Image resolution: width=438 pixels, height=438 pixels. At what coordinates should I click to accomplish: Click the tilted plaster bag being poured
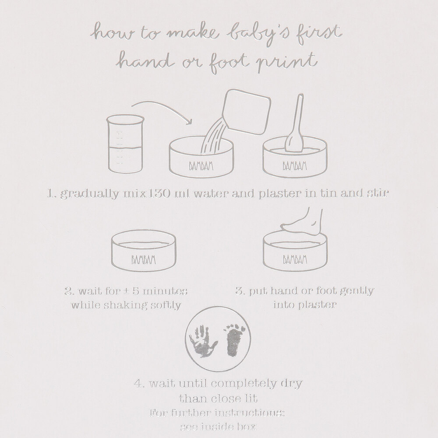(246, 112)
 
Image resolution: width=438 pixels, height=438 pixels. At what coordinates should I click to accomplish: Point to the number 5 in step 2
(135, 291)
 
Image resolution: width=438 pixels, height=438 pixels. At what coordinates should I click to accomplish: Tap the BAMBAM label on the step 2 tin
(143, 260)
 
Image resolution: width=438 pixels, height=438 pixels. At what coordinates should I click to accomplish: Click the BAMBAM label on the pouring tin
(201, 166)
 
